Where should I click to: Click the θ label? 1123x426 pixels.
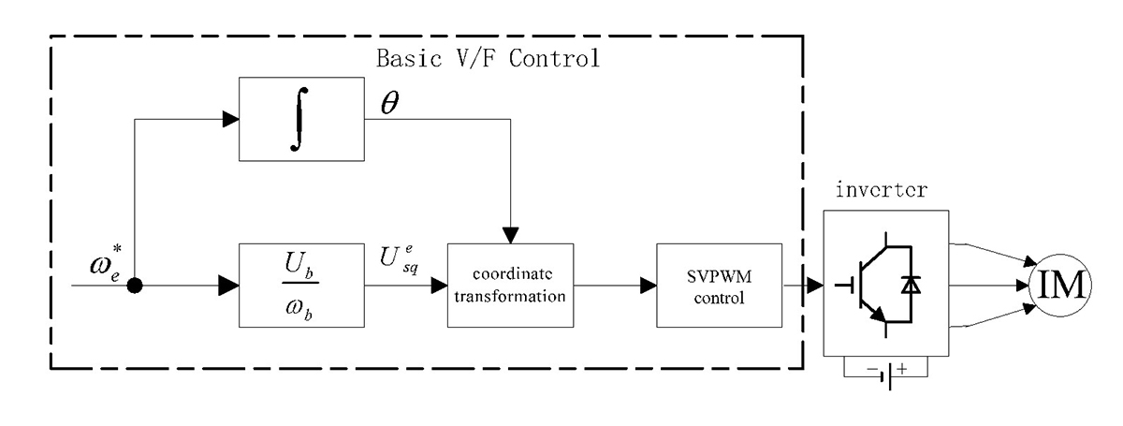[387, 105]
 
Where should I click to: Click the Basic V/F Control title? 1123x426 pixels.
[487, 58]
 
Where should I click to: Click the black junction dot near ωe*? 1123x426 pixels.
[135, 285]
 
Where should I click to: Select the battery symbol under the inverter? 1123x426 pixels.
[885, 373]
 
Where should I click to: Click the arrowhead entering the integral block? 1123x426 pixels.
[229, 119]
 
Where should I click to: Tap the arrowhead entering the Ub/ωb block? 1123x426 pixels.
[229, 285]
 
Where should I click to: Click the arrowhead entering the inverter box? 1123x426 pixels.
[812, 285]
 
